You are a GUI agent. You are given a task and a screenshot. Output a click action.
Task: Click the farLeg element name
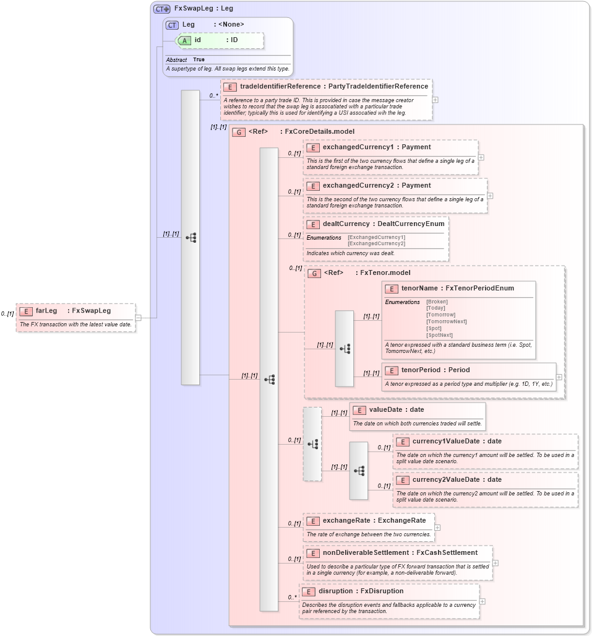[x=46, y=311]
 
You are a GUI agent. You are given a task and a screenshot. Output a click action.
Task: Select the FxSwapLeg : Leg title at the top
[x=204, y=9]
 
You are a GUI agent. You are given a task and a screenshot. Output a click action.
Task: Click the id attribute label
[x=197, y=40]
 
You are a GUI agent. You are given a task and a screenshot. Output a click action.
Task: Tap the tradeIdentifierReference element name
[x=280, y=87]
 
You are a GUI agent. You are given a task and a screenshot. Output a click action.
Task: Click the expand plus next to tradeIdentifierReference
[x=435, y=99]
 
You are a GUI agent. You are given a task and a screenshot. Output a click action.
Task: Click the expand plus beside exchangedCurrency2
[x=490, y=196]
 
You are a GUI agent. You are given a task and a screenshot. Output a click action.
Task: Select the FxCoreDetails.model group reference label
[x=318, y=132]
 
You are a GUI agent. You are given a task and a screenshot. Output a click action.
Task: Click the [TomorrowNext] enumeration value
[x=447, y=321]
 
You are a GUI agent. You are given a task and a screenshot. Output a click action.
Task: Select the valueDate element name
[x=387, y=410]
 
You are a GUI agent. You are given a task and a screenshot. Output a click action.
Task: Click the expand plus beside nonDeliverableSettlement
[x=495, y=563]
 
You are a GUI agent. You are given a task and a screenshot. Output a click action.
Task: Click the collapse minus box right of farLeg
[x=138, y=318]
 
